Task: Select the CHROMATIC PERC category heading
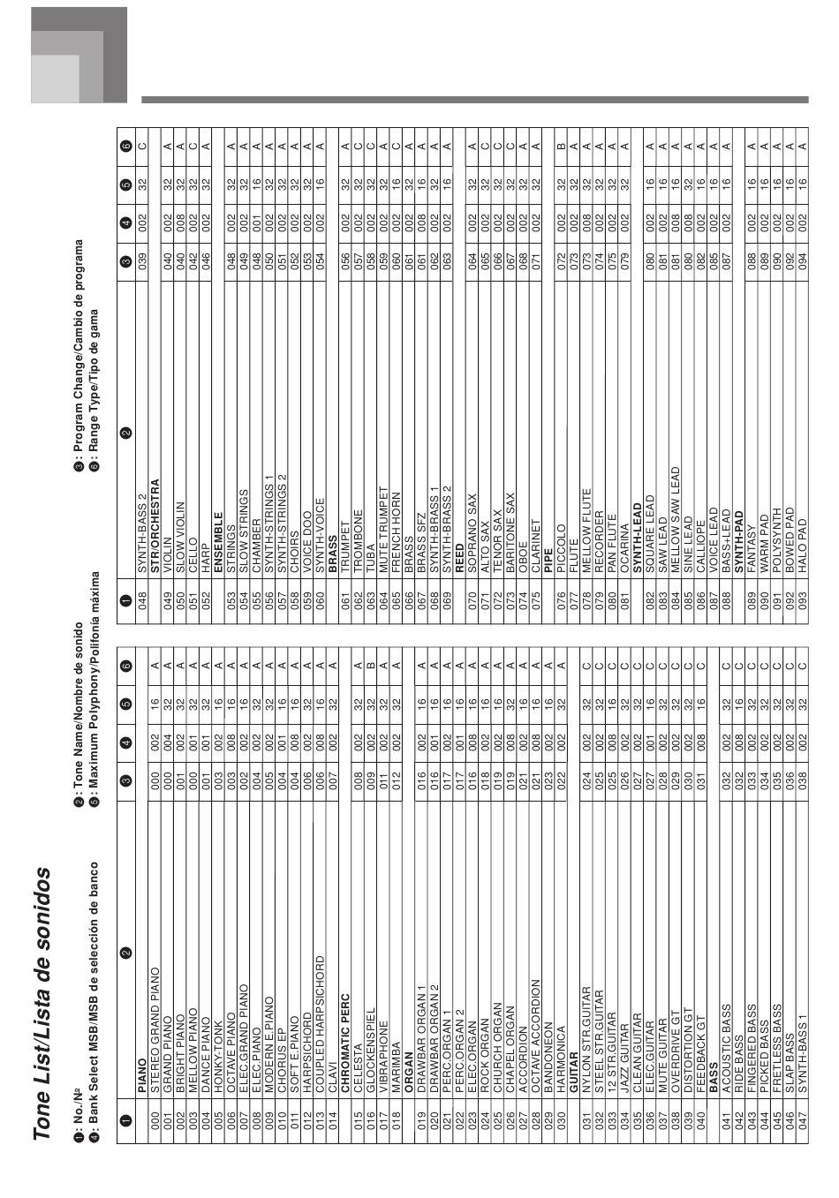coord(345,1044)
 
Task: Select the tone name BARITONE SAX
coord(510,533)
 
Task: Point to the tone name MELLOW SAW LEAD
coord(676,520)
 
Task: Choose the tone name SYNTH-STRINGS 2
coord(282,524)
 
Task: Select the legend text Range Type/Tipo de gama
coord(94,382)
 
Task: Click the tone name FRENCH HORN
coord(396,532)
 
